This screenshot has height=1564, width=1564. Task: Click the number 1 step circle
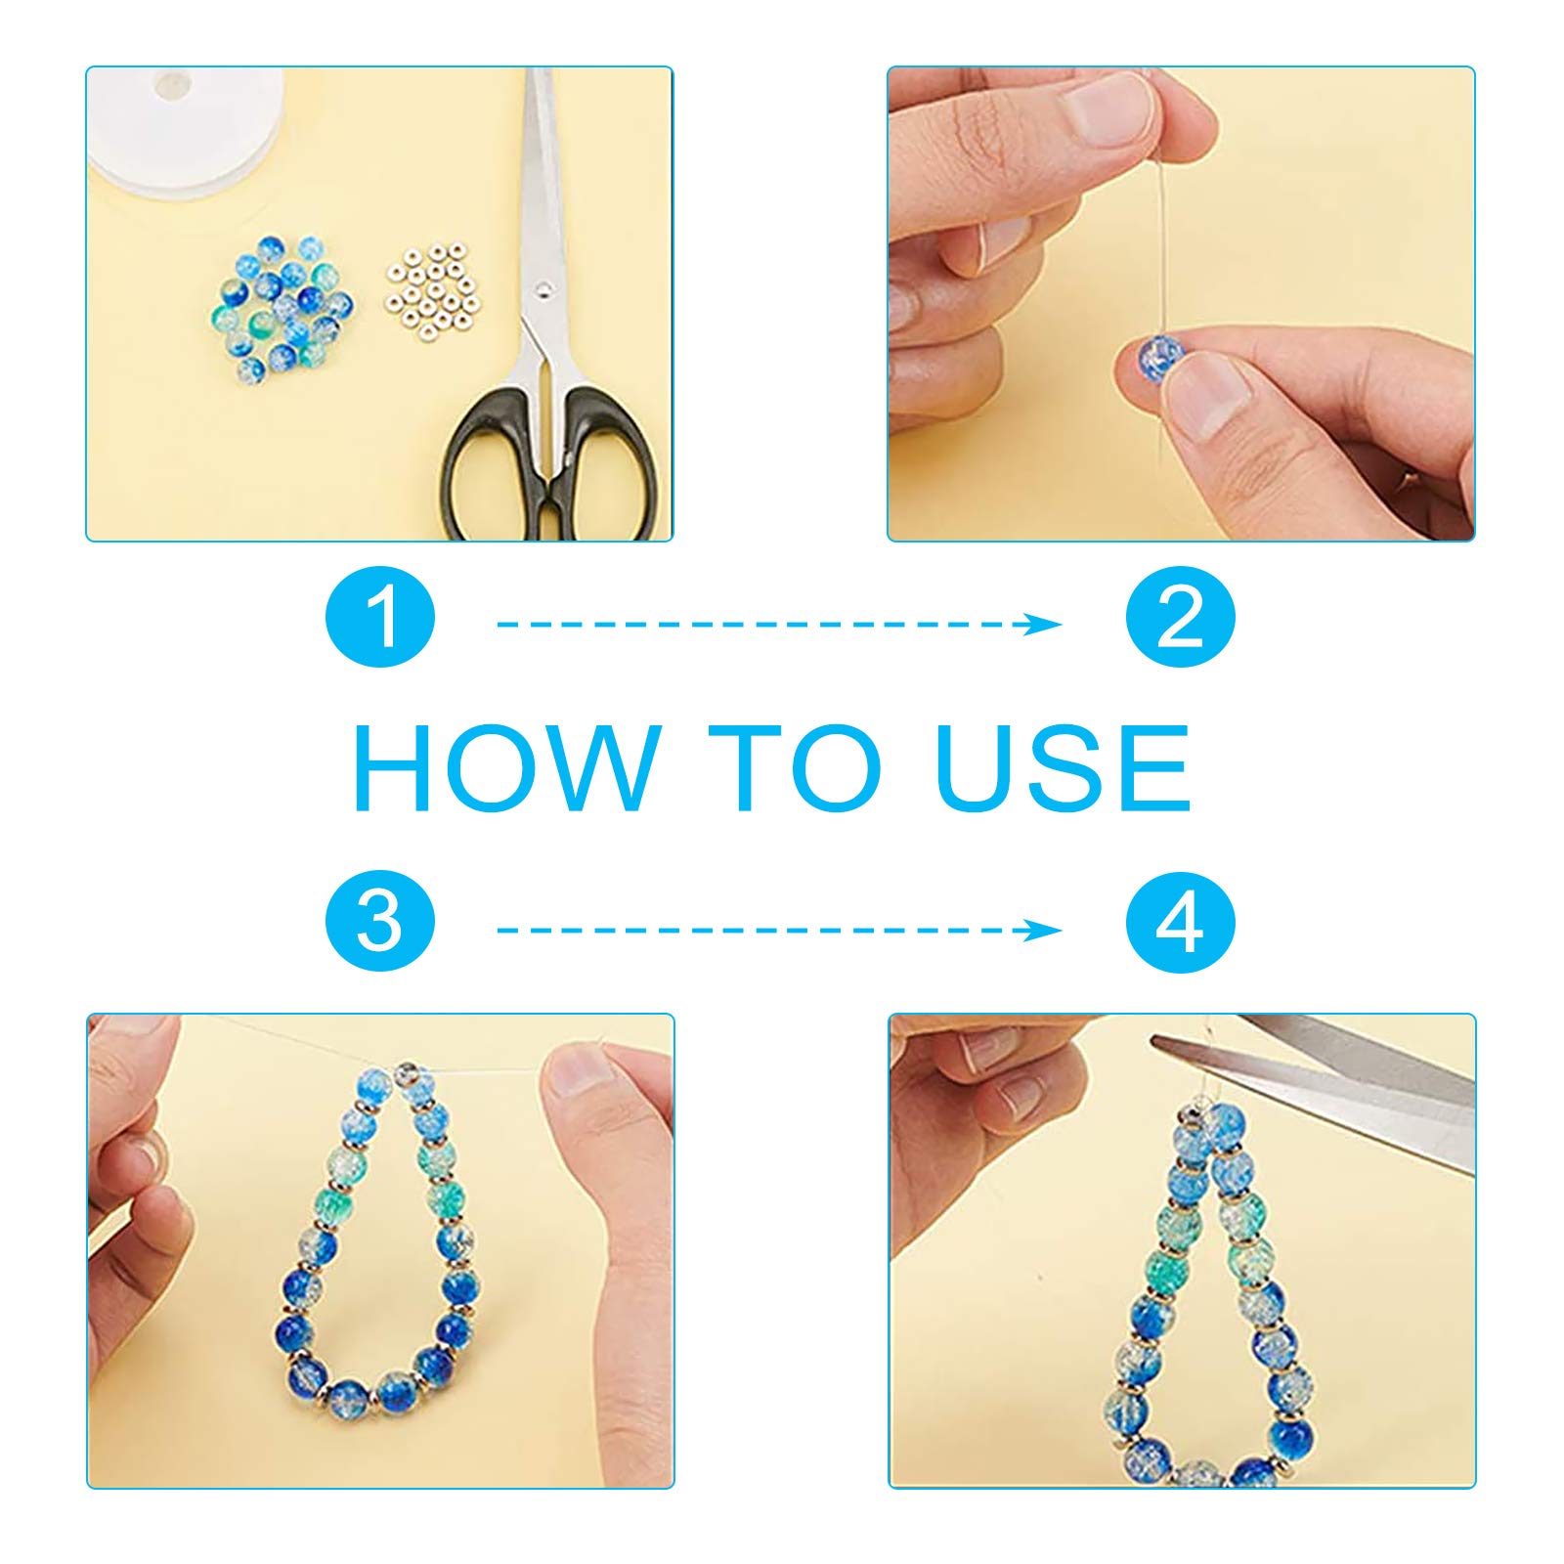coord(380,618)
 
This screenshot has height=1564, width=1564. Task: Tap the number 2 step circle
coord(1181,618)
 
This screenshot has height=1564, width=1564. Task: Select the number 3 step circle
coord(380,922)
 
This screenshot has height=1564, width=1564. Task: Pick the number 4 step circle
coord(1181,922)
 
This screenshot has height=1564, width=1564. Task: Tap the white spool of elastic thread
coord(186,127)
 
